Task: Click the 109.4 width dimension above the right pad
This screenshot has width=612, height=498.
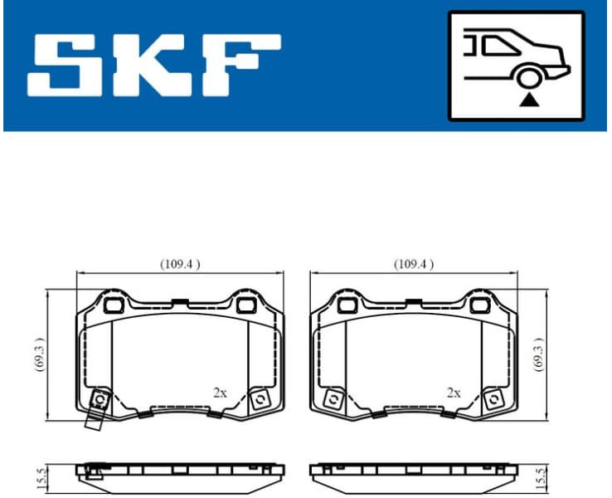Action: point(413,264)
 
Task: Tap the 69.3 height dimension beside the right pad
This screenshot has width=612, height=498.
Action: point(539,354)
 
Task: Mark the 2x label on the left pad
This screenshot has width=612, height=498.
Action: point(219,393)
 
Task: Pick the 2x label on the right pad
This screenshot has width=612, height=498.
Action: point(453,393)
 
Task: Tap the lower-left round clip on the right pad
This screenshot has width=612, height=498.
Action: point(335,399)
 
